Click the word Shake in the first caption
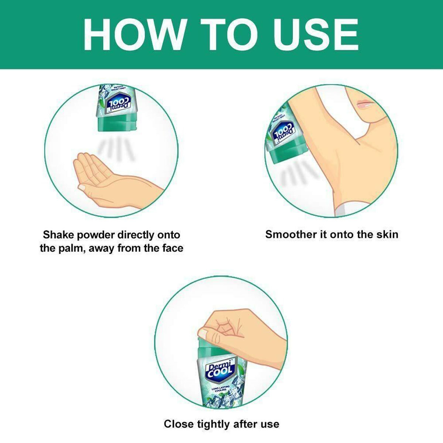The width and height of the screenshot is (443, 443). [x=58, y=235]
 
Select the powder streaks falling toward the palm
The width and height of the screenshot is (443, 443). [x=116, y=150]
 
